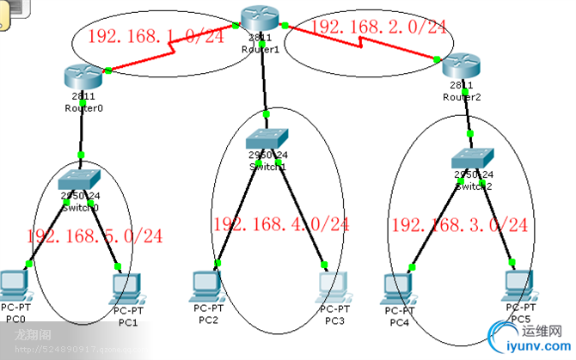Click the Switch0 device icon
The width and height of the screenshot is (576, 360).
(x=80, y=180)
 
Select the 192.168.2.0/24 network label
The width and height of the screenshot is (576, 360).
(x=378, y=27)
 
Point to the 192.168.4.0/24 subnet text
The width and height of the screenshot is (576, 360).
(x=280, y=224)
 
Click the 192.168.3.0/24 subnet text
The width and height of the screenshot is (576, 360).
(x=459, y=225)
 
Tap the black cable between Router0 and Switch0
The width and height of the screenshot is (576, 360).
(x=82, y=129)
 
